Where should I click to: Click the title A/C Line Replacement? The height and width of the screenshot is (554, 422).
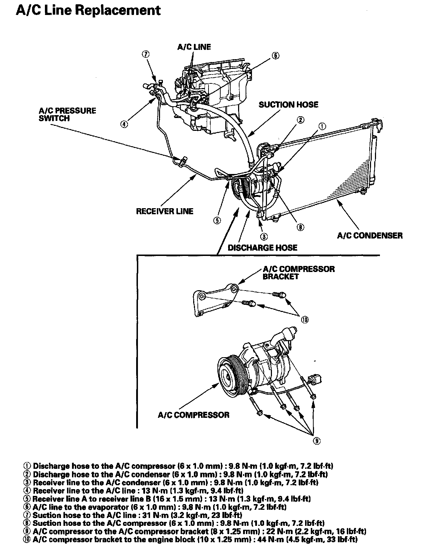point(88,10)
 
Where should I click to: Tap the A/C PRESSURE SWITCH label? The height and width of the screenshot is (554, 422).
point(67,114)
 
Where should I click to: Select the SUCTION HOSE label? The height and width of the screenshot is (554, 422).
point(288,104)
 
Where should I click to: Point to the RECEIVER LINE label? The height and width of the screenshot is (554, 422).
point(165,211)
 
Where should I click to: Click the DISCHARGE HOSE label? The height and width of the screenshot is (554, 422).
point(262,247)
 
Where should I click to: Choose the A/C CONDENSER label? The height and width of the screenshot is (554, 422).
point(370,235)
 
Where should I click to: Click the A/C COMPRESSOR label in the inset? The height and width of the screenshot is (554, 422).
point(194,415)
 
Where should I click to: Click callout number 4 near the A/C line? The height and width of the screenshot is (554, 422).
point(124,124)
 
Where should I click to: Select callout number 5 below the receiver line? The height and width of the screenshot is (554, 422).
point(217,220)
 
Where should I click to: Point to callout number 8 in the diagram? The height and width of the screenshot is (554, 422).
point(300,227)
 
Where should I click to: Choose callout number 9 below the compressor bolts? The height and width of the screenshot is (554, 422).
point(316,441)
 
